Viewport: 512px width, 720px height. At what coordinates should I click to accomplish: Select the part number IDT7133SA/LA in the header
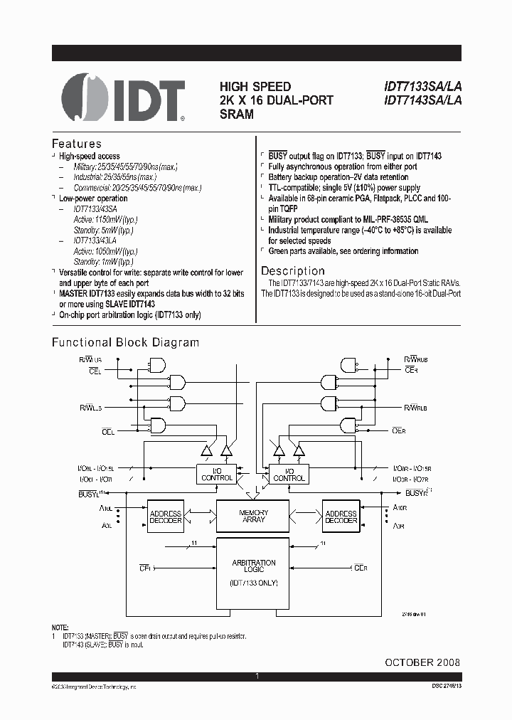422,87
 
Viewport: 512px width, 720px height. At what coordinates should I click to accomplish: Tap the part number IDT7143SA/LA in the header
422,100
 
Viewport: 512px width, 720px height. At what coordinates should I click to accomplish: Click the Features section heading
77,144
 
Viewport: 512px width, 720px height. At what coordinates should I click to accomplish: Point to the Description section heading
292,271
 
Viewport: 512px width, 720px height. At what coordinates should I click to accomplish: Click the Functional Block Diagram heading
125,342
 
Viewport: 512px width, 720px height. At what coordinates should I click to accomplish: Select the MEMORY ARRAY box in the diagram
253,516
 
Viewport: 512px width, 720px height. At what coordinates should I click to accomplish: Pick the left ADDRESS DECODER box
165,517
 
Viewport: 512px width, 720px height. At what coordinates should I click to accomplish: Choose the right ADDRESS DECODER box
341,517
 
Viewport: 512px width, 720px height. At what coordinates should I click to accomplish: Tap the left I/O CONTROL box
217,475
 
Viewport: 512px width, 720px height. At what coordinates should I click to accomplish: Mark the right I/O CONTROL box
289,475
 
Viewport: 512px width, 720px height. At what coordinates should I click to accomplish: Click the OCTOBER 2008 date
422,662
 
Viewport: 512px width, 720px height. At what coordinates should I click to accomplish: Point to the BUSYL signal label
91,493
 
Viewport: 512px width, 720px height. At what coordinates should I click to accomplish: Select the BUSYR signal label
418,492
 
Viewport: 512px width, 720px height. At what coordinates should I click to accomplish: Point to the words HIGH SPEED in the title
255,87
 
